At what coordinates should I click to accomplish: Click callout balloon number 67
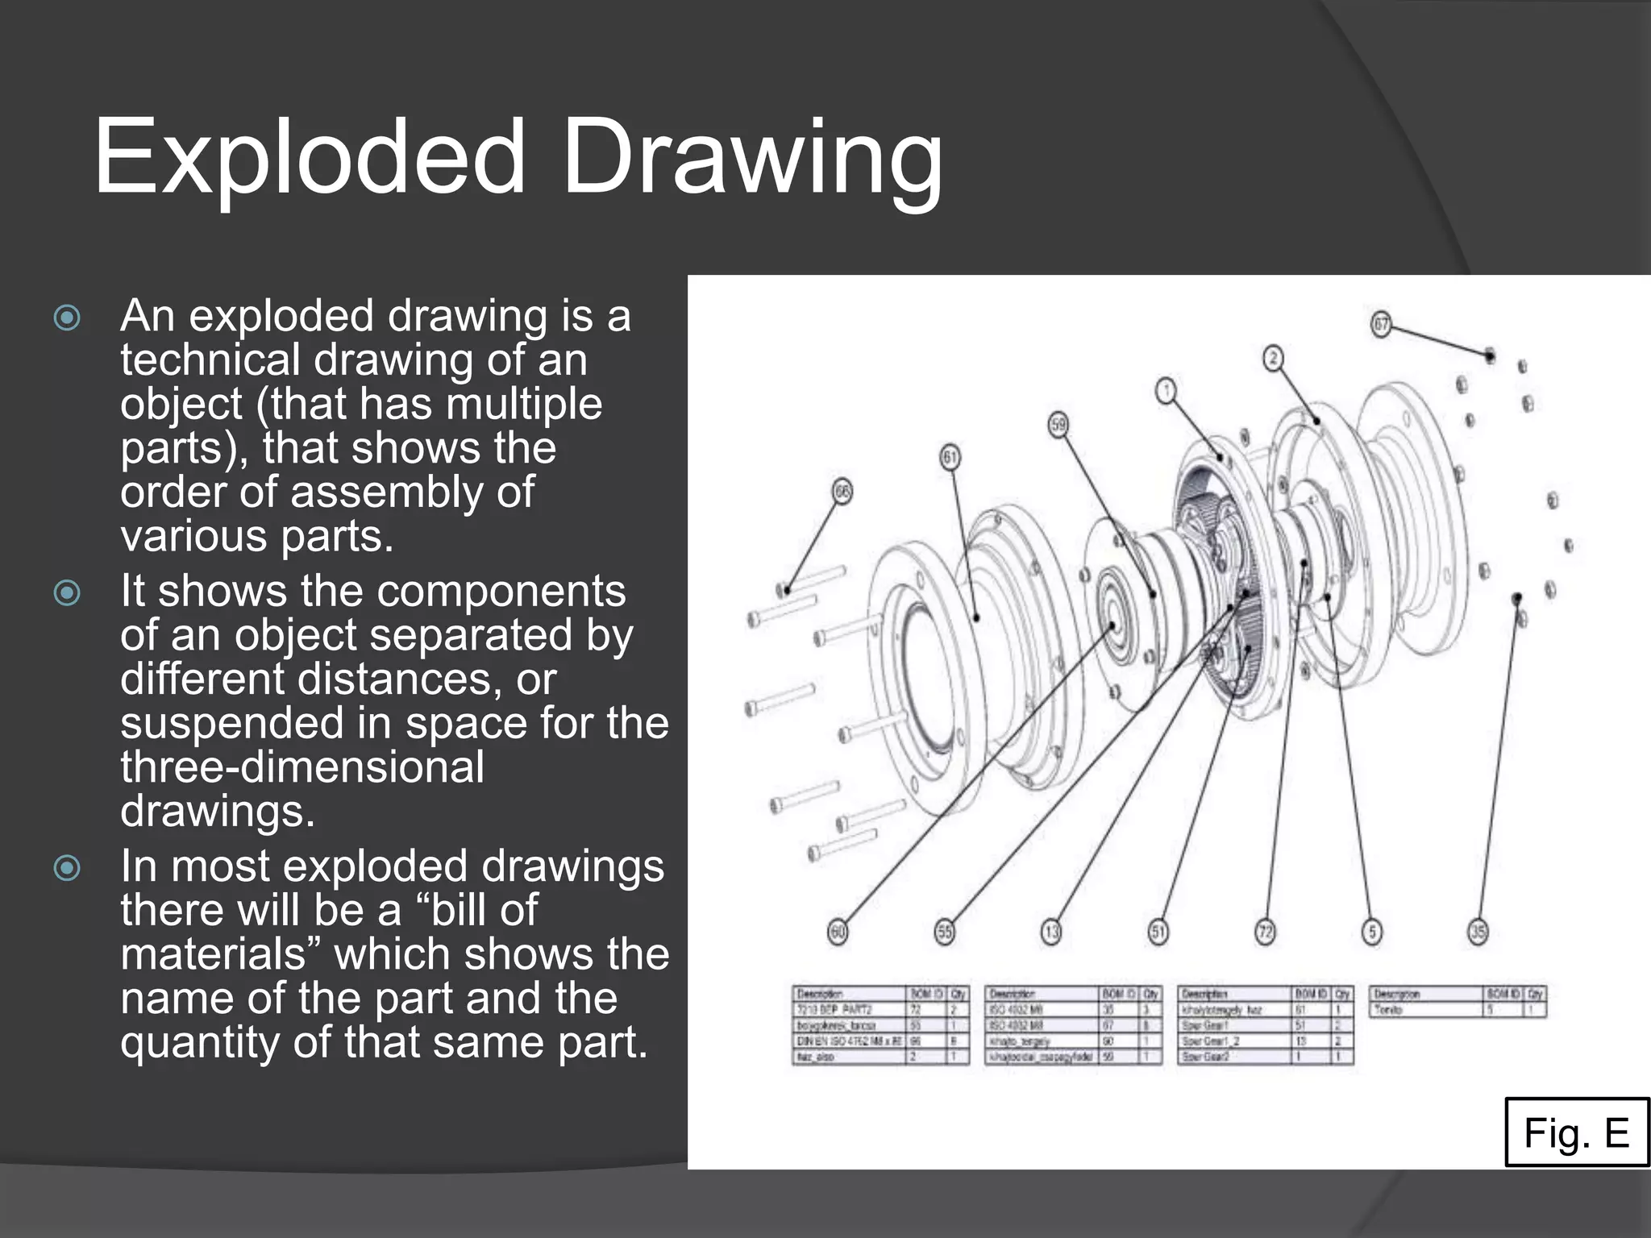pos(1382,325)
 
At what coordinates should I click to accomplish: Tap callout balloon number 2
pos(1273,359)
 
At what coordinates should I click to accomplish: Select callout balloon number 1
pos(1166,392)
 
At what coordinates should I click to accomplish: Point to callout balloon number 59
pos(1058,425)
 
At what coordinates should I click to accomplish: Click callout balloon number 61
pos(950,458)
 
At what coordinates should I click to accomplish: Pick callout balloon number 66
pos(842,492)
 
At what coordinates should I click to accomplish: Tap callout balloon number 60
pos(838,933)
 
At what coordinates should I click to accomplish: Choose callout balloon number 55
pos(944,933)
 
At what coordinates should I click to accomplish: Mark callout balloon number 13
pos(1051,933)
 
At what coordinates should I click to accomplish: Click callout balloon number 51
pos(1158,933)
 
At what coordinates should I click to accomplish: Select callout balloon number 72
pos(1266,933)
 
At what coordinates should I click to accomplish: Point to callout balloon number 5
pos(1372,933)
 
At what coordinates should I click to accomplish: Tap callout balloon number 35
pos(1478,933)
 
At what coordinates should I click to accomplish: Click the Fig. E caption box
pos(1576,1132)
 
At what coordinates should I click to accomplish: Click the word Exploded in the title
pos(310,157)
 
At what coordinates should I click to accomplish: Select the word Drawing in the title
pos(752,157)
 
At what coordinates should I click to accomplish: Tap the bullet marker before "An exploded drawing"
pos(67,317)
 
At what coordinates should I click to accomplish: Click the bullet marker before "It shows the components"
pos(67,592)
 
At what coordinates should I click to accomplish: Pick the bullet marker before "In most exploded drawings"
pos(67,868)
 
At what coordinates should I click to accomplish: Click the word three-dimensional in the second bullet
pos(302,766)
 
